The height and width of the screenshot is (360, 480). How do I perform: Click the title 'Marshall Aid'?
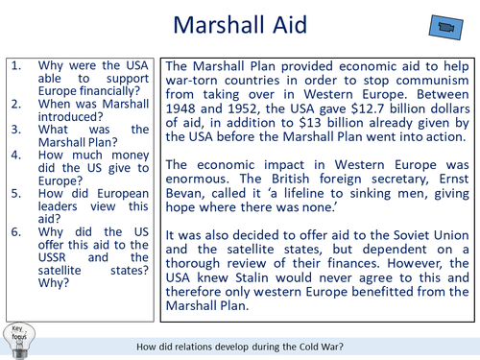coord(239,26)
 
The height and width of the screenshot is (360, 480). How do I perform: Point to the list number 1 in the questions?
coord(15,66)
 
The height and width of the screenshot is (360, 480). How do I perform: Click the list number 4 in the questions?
coord(15,153)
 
